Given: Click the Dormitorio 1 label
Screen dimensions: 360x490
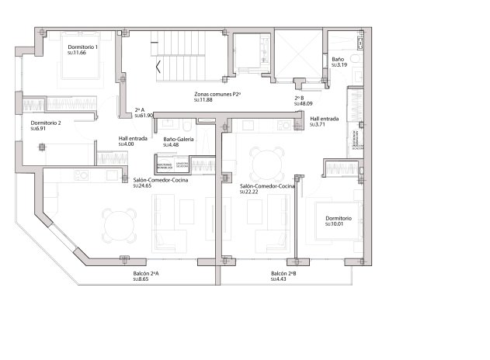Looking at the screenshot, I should [82, 47].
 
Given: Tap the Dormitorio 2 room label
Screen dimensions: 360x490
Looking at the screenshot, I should [46, 123].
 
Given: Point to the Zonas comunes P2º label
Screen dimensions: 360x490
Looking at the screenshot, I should [217, 94].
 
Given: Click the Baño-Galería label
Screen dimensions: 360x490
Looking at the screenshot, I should [179, 139].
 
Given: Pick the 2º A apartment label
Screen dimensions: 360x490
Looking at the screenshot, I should [141, 109].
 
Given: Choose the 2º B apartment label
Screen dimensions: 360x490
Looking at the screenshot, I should [299, 98].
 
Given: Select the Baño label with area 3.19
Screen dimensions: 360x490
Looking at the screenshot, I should [338, 59].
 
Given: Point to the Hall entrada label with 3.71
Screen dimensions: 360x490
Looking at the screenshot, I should [324, 119].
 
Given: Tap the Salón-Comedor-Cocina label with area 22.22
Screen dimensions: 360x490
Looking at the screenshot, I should [267, 186].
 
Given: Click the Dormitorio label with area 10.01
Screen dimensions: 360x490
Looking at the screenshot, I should [338, 218].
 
